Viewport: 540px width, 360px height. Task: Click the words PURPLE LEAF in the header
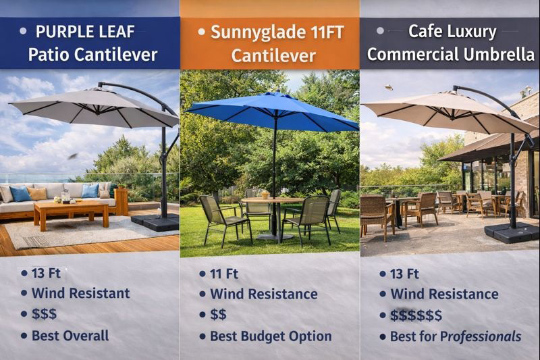coord(85,32)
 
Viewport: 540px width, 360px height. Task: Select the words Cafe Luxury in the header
coord(452,31)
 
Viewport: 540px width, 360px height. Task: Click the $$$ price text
coord(44,313)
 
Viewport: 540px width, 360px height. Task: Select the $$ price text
coord(218,315)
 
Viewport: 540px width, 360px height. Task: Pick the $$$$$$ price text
coord(416,315)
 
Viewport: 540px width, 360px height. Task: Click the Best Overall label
coord(70,335)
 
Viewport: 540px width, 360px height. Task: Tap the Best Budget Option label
coord(271,336)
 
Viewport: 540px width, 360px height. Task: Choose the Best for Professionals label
coord(456,336)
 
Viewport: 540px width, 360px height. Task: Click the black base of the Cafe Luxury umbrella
coord(512,232)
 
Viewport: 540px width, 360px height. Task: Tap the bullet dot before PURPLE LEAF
coord(23,31)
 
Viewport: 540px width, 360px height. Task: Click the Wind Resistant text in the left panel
coord(80,293)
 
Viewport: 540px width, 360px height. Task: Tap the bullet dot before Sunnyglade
coord(201,32)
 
